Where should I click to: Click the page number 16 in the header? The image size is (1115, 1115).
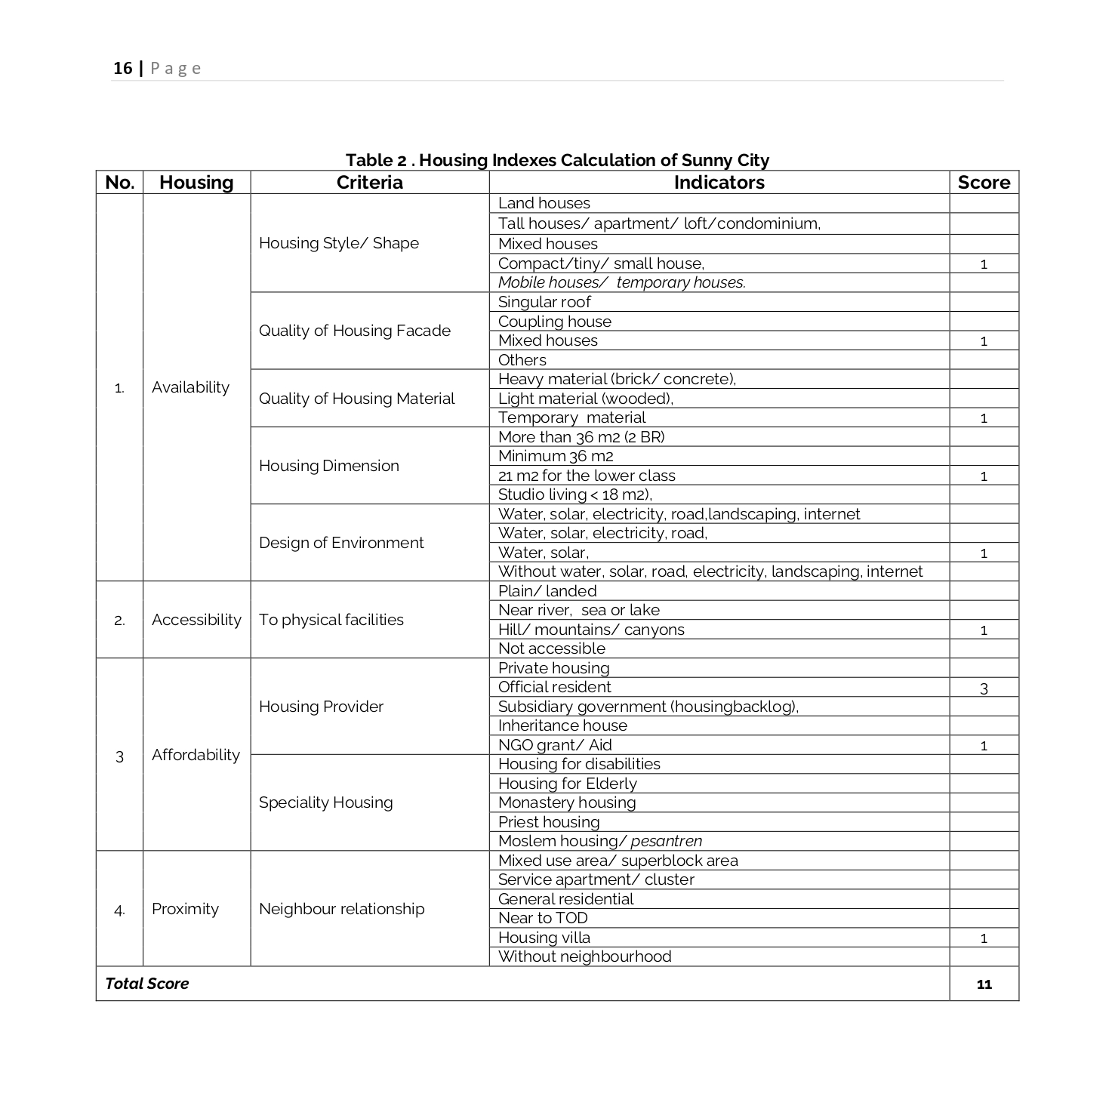click(x=122, y=69)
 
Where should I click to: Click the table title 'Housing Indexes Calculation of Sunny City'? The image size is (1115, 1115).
click(x=557, y=160)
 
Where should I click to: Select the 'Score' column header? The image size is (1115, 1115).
click(x=983, y=183)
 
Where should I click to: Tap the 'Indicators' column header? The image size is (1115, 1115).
click(x=719, y=183)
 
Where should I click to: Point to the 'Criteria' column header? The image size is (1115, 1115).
click(x=369, y=183)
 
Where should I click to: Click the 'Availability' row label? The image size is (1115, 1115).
click(x=190, y=387)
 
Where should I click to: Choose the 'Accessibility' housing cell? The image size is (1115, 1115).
click(x=196, y=620)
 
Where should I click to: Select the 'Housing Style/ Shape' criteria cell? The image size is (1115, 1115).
click(x=338, y=243)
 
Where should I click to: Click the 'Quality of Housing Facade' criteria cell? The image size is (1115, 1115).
click(x=354, y=331)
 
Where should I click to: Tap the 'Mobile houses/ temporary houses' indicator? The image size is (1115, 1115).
click(x=621, y=282)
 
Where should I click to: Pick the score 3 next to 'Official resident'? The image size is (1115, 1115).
click(x=983, y=688)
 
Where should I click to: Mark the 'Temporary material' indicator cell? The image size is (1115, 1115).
click(x=571, y=417)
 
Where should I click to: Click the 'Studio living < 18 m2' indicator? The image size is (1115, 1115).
click(x=574, y=494)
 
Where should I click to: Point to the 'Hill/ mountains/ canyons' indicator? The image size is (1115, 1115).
click(x=591, y=630)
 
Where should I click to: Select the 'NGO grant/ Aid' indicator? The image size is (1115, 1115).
click(x=554, y=745)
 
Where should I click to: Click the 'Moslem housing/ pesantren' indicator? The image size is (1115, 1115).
click(x=599, y=841)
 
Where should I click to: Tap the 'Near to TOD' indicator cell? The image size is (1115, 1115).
click(x=543, y=918)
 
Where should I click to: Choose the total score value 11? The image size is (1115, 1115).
click(x=983, y=984)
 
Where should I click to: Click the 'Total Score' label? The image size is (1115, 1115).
click(x=147, y=984)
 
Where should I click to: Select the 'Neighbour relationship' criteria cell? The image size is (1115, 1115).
click(x=341, y=909)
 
